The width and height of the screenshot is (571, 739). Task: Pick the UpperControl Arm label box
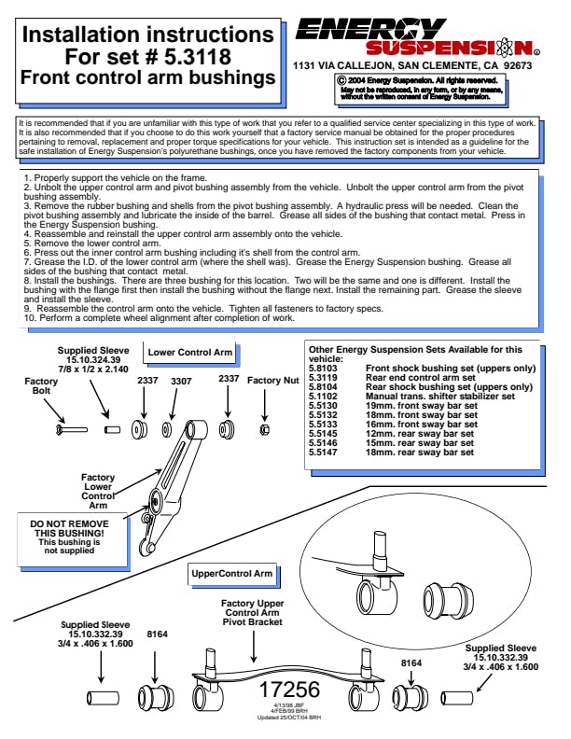point(232,572)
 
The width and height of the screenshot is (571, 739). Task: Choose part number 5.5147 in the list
point(324,452)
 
